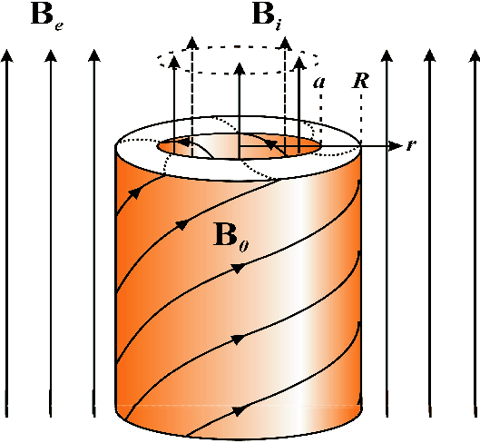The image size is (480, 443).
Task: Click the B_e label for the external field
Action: pos(47,17)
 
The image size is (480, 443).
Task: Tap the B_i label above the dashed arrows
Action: pos(267,16)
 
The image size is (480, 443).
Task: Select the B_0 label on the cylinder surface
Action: pos(231,237)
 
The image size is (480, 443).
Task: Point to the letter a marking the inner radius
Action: pos(319,83)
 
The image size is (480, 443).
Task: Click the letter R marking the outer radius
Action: pos(360,81)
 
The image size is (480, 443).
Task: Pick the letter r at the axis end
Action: pos(411,145)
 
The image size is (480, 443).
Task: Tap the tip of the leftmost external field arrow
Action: pos(7,50)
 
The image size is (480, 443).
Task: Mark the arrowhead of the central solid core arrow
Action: pos(240,64)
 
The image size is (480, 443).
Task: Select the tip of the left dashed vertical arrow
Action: pos(192,37)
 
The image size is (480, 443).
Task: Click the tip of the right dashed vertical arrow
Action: pos(286,37)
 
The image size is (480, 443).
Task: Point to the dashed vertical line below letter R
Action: pos(361,118)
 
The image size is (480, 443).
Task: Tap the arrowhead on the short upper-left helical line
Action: pos(135,193)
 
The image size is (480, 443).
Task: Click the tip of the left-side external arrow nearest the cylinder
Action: pos(94,50)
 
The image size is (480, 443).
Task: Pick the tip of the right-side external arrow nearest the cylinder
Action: pos(387,50)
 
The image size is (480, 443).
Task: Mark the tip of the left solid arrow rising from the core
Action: pos(174,56)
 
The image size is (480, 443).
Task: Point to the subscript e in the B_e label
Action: pos(59,25)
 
